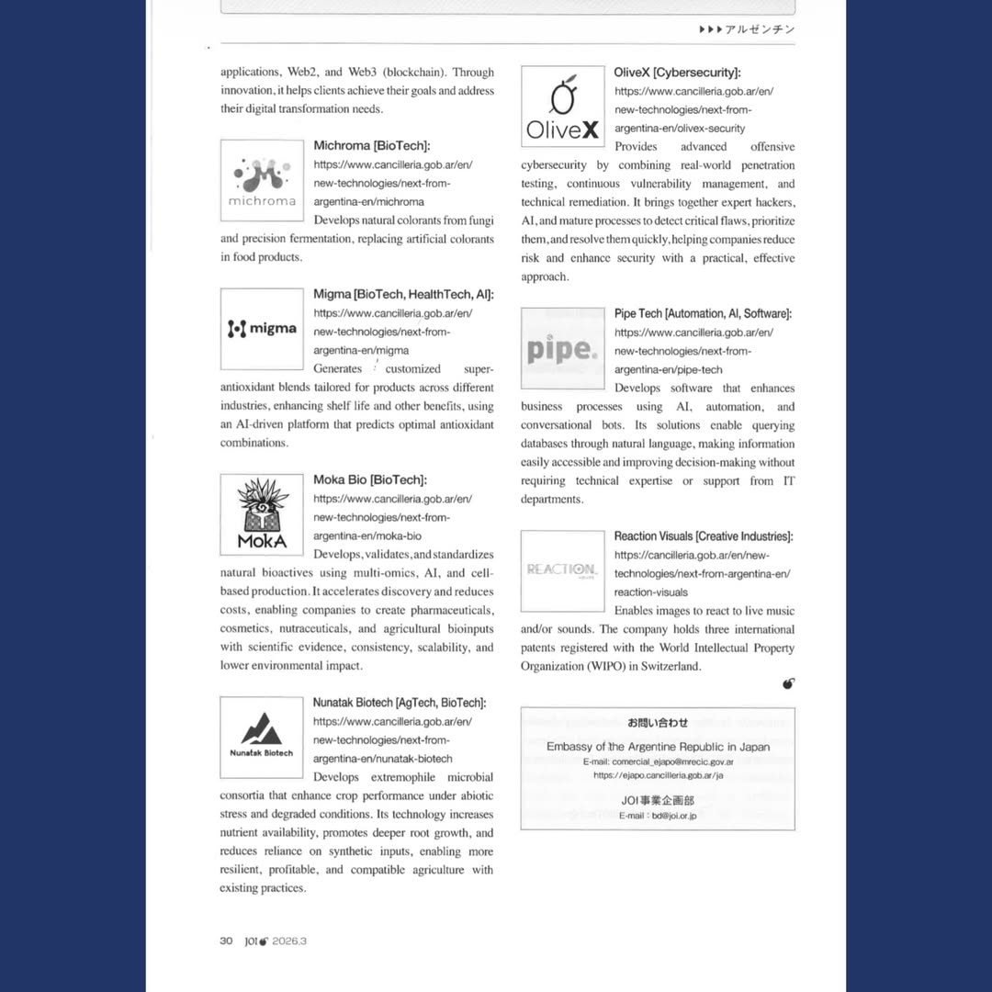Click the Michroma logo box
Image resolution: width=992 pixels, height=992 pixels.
tap(262, 180)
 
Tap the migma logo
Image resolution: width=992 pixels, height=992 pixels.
tap(262, 329)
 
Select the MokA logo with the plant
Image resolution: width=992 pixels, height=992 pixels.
tap(262, 514)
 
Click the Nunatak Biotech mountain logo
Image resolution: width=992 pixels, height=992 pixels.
tap(262, 737)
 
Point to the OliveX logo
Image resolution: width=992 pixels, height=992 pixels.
tap(562, 107)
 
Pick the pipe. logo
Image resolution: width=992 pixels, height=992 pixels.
tap(562, 348)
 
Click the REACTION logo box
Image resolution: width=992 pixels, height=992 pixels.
tap(562, 570)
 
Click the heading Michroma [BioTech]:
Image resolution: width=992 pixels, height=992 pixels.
tap(371, 146)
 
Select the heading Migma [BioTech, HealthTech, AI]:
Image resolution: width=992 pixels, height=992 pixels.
tap(403, 295)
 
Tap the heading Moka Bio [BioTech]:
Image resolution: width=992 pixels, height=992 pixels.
tap(369, 480)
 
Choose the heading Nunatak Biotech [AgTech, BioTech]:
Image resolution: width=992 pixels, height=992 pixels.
tap(400, 703)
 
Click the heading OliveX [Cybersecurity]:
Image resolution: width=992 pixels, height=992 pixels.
tap(677, 73)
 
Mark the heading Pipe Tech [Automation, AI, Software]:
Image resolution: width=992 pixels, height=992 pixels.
tap(703, 314)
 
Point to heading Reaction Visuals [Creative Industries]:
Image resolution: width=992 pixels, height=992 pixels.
tap(704, 536)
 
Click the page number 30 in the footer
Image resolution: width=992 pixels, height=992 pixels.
tap(226, 941)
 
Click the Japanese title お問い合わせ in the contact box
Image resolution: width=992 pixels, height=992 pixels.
tap(658, 723)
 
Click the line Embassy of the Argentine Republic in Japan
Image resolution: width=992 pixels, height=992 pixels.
tap(658, 747)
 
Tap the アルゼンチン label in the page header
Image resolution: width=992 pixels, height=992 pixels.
tap(760, 29)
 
